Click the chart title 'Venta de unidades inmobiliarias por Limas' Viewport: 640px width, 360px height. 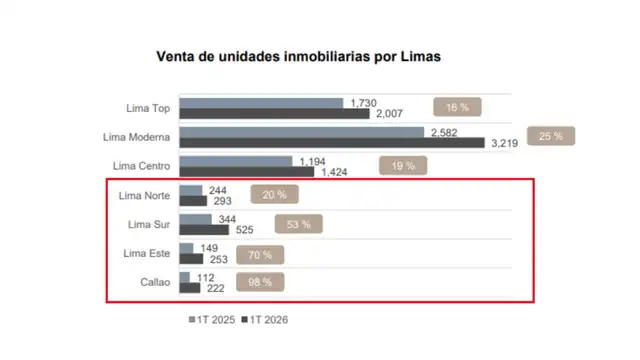click(x=298, y=57)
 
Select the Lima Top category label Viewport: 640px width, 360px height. click(x=146, y=108)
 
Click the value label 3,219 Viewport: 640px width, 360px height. click(x=506, y=144)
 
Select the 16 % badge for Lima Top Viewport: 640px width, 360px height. click(x=457, y=106)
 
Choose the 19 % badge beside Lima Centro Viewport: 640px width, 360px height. click(x=403, y=166)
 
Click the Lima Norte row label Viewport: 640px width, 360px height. click(x=142, y=195)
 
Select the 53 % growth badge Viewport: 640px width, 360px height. click(x=298, y=225)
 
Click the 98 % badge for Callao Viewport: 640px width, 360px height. click(x=260, y=283)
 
